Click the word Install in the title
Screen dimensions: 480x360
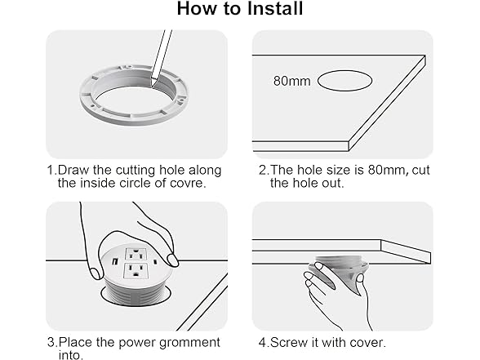[x=275, y=8]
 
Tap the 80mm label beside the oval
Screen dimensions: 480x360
[x=291, y=81]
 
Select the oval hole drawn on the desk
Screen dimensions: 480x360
[x=344, y=81]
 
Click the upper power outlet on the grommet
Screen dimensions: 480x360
[x=135, y=254]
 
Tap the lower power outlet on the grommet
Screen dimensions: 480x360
[x=135, y=270]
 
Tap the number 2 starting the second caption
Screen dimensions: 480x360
[x=263, y=170]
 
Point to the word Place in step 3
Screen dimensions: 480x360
[x=75, y=342]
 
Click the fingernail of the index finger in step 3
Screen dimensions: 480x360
[x=173, y=260]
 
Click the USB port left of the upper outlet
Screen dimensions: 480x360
[x=115, y=262]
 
